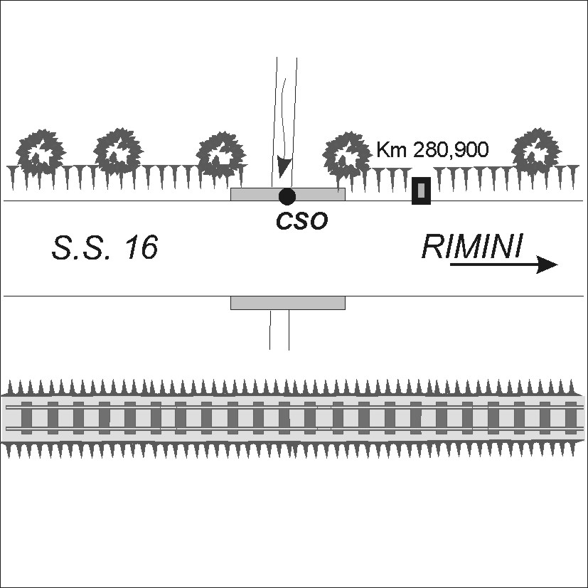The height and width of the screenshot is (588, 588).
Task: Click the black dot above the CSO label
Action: click(x=287, y=196)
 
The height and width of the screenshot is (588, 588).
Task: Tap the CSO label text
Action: click(x=302, y=220)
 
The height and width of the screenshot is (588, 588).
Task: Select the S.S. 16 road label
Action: click(x=105, y=247)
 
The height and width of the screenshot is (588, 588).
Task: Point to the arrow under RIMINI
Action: click(x=503, y=264)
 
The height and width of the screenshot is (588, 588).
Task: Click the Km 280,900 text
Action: click(x=433, y=149)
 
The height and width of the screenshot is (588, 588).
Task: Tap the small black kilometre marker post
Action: click(x=421, y=191)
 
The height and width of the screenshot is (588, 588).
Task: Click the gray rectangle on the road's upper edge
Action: click(x=288, y=194)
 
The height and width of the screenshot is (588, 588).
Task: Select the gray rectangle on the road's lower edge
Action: click(x=288, y=303)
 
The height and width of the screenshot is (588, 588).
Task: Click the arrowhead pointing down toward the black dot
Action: click(x=283, y=168)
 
